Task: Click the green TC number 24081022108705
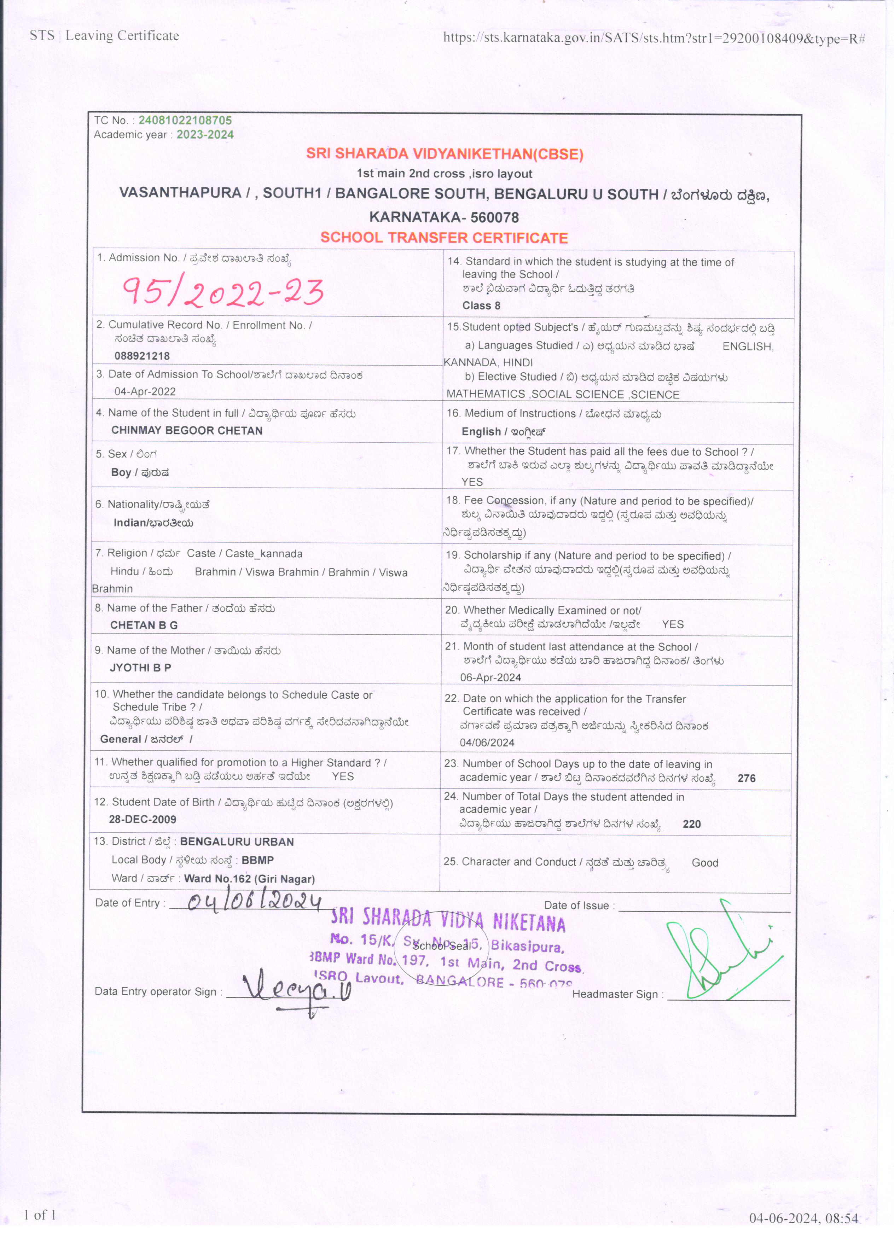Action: pyautogui.click(x=185, y=120)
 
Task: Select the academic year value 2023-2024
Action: pyautogui.click(x=205, y=134)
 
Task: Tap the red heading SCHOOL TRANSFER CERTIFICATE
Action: pyautogui.click(x=444, y=238)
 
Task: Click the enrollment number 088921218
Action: pyautogui.click(x=142, y=356)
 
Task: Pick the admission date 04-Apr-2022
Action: pyautogui.click(x=145, y=391)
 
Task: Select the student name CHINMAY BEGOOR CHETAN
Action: pyautogui.click(x=187, y=430)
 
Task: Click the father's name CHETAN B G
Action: pyautogui.click(x=144, y=625)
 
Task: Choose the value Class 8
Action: pyautogui.click(x=481, y=305)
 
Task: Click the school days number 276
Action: pyautogui.click(x=747, y=778)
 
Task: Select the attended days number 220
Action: pyautogui.click(x=692, y=824)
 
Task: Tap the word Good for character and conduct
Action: pyautogui.click(x=705, y=863)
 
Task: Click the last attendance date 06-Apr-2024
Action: pyautogui.click(x=490, y=677)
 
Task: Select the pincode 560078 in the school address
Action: pyautogui.click(x=494, y=217)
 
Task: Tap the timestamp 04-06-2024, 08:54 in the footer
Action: pyautogui.click(x=803, y=1218)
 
